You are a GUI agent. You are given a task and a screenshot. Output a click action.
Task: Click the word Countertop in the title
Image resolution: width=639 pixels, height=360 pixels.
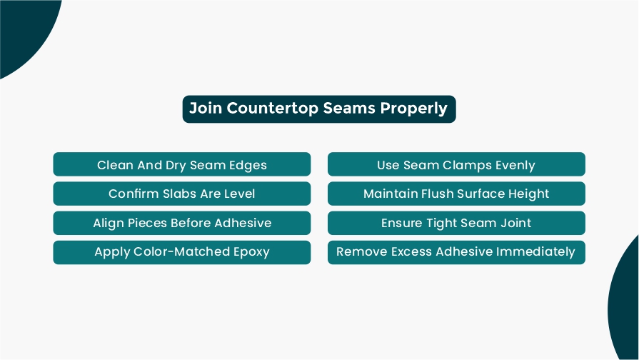pyautogui.click(x=273, y=109)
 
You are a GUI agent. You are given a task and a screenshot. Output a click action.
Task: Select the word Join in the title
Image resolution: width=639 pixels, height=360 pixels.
pyautogui.click(x=206, y=108)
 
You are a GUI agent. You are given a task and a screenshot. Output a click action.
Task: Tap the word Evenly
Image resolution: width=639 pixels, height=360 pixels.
pyautogui.click(x=515, y=166)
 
